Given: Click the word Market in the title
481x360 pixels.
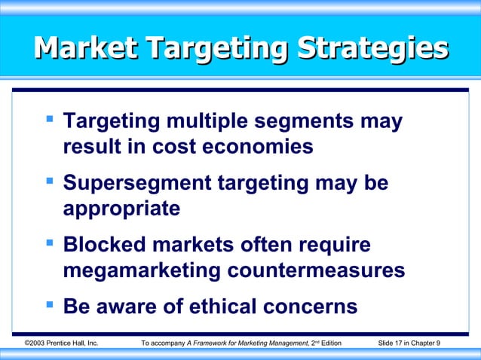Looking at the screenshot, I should [x=85, y=49].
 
